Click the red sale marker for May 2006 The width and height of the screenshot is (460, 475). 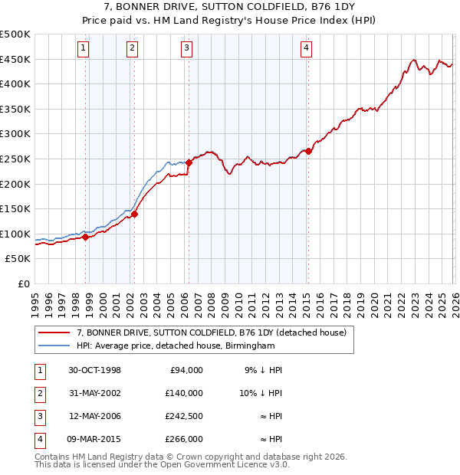click(x=189, y=162)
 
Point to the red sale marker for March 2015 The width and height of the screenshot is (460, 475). click(x=308, y=151)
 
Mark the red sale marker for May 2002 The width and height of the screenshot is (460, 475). click(x=134, y=214)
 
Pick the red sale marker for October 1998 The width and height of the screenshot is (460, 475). click(x=86, y=237)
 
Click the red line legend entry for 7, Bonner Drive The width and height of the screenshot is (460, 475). click(x=212, y=332)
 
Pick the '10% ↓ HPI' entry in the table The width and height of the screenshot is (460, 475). click(x=261, y=393)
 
